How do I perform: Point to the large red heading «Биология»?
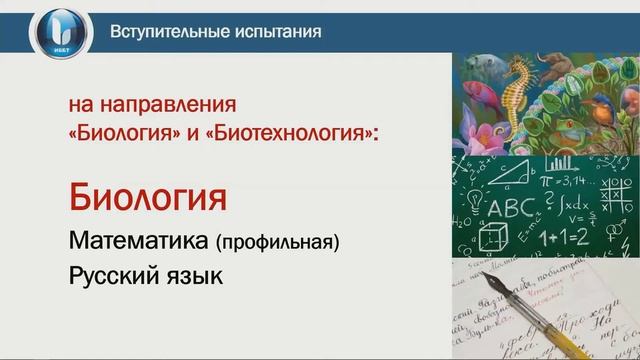pyautogui.click(x=146, y=196)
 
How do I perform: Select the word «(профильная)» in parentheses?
pyautogui.click(x=278, y=242)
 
